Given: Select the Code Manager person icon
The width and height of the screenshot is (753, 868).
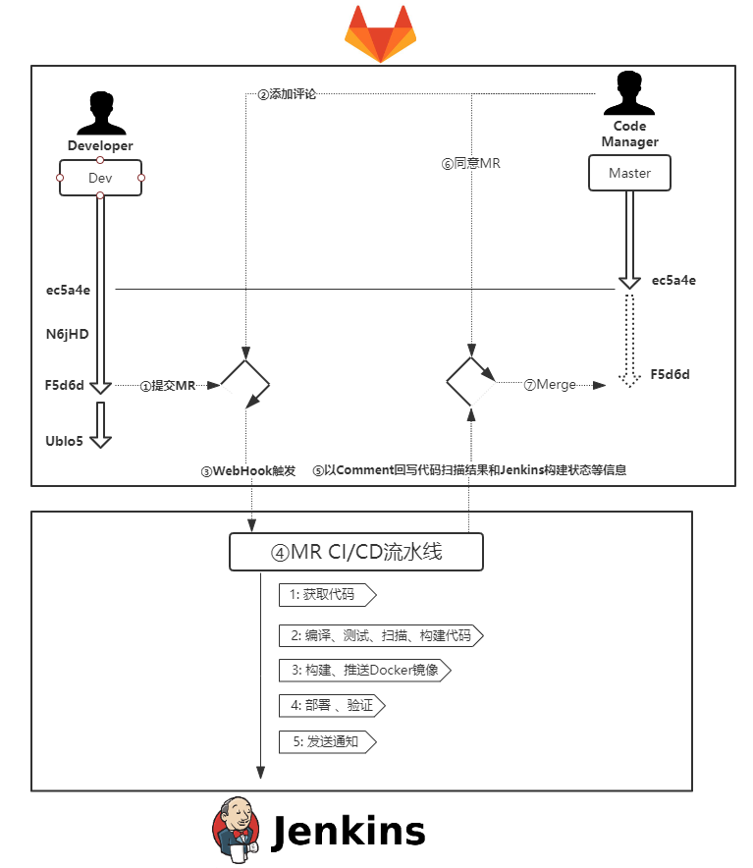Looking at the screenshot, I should tap(629, 94).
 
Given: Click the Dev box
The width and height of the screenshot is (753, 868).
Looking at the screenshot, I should tap(100, 178).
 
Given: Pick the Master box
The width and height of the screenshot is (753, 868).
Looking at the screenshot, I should tap(629, 173).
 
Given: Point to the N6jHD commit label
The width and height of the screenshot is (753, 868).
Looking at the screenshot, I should tap(67, 334).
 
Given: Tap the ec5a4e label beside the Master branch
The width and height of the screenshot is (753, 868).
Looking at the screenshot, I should tap(673, 281).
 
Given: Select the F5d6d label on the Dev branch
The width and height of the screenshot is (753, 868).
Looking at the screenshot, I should tap(65, 386).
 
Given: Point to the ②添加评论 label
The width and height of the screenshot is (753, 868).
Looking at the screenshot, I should tap(287, 95).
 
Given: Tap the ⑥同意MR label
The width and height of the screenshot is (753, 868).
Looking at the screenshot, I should tap(470, 164).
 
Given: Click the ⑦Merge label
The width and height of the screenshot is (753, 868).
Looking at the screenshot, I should tap(550, 386).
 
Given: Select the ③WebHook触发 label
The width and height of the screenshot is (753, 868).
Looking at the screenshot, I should tap(247, 470).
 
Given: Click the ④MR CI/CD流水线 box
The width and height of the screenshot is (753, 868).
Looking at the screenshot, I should tap(356, 552).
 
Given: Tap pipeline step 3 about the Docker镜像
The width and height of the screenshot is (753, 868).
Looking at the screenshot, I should tap(365, 670).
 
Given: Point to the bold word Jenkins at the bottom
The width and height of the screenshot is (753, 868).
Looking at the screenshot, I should tap(348, 832).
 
